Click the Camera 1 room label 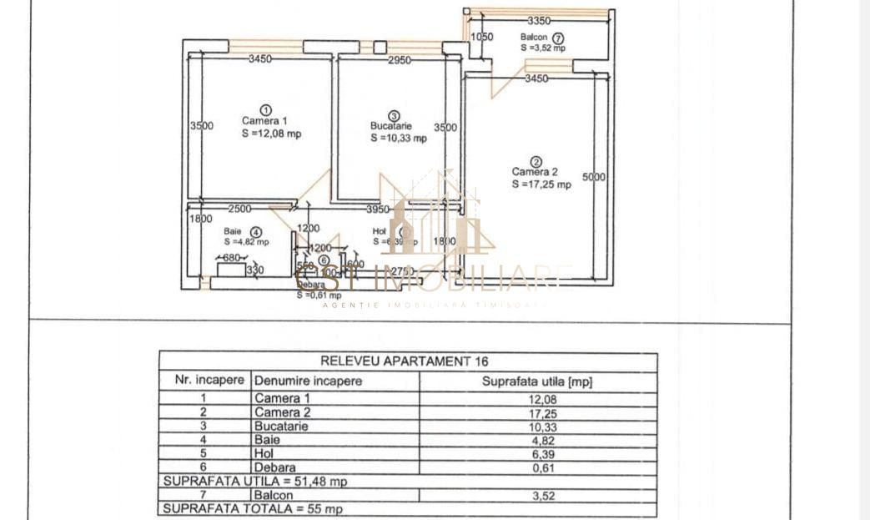click(x=264, y=121)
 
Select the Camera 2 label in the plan click(x=535, y=172)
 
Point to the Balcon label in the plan click(x=534, y=38)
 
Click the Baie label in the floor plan click(x=232, y=232)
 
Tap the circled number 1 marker click(x=265, y=109)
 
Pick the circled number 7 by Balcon click(x=558, y=38)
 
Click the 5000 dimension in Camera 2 click(x=594, y=177)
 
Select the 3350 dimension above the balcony click(x=539, y=20)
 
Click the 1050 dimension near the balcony click(x=482, y=37)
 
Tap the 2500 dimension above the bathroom click(x=240, y=209)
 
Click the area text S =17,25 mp click(x=541, y=184)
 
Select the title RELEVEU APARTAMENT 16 click(x=405, y=361)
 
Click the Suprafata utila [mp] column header click(x=537, y=381)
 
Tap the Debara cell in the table click(x=275, y=467)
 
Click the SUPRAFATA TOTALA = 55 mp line click(x=252, y=508)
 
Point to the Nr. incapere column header click(x=209, y=380)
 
